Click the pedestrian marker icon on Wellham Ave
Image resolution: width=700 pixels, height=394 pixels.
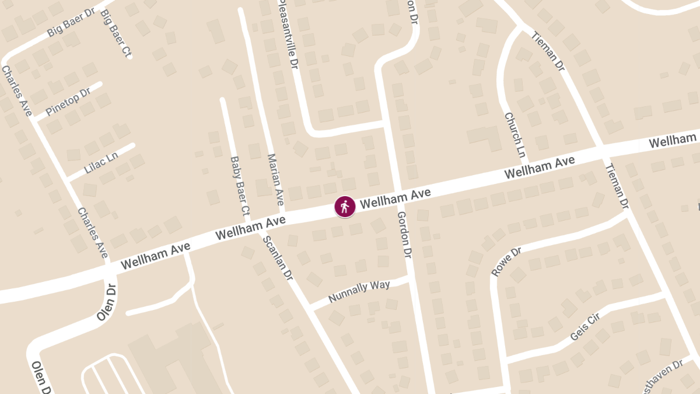tap(345, 207)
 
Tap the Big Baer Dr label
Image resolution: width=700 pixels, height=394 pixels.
tap(71, 23)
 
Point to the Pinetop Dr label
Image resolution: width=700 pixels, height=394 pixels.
tap(68, 101)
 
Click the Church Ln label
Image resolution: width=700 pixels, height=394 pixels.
tap(515, 135)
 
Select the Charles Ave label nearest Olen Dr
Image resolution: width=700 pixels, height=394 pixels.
tap(93, 233)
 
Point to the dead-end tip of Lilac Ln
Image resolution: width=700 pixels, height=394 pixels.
tap(133, 146)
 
